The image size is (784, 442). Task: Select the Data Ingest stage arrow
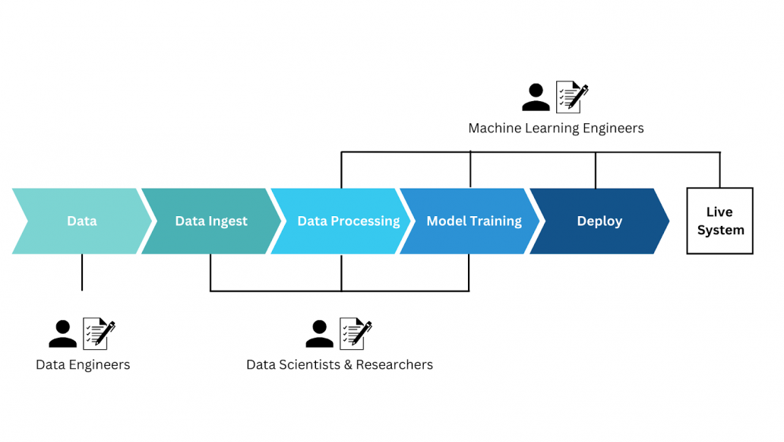210,221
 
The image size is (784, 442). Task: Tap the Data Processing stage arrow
348,221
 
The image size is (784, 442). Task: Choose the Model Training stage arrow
474,221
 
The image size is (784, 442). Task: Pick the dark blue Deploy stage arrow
599,221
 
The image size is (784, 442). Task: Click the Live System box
719,221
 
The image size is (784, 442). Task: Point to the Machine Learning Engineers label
555,129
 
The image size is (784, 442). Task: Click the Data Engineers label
83,365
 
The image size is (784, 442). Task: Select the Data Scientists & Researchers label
340,365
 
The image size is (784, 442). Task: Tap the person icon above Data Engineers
62,333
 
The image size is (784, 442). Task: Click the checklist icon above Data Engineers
99,333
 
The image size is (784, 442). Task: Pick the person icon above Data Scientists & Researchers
320,333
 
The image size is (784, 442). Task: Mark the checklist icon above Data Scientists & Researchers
356,333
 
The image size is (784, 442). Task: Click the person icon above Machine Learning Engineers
536,97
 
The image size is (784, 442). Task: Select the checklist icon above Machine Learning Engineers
572,97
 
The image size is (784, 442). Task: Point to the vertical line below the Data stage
82,272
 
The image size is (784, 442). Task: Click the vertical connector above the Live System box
719,170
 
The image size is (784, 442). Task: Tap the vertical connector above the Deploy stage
596,170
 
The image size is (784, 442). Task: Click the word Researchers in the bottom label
394,365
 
